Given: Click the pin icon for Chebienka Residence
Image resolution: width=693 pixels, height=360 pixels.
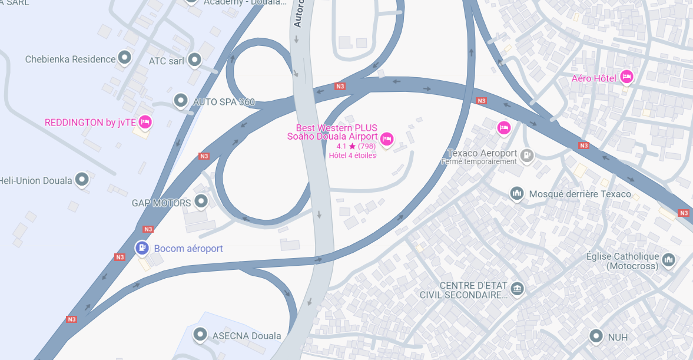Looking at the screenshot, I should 124,58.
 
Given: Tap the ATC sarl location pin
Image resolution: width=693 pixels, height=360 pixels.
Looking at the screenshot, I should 194,60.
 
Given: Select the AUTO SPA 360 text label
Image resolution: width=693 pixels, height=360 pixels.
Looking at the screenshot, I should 224,102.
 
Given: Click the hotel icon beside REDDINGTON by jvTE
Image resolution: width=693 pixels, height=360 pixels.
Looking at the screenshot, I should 145,122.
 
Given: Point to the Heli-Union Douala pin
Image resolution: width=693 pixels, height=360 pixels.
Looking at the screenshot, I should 82,179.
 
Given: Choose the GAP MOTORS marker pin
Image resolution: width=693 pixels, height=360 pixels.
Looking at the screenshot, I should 201,202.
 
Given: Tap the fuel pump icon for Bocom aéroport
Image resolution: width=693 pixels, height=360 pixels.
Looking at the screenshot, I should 142,248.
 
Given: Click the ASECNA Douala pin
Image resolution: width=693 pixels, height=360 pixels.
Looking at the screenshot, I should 200,335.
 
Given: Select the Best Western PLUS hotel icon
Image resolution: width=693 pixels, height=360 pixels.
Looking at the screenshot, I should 386,138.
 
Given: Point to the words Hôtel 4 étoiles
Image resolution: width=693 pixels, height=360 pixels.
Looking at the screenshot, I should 352,156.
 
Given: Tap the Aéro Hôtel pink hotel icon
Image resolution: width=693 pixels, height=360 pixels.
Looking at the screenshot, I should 626,77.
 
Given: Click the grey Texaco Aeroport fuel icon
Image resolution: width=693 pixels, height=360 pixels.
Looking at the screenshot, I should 527,155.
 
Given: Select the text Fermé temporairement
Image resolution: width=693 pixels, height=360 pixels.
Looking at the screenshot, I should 479,161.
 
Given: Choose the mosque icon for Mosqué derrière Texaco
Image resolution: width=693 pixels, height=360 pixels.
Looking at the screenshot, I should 517,193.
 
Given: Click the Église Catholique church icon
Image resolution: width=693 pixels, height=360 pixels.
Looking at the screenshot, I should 668,259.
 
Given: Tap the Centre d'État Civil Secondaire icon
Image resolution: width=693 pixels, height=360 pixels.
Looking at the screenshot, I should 517,288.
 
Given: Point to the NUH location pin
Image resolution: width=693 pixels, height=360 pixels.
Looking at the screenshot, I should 596,336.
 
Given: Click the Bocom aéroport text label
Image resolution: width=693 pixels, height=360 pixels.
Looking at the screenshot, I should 188,249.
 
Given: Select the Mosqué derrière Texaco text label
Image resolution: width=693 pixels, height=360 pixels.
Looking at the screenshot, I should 580,194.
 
